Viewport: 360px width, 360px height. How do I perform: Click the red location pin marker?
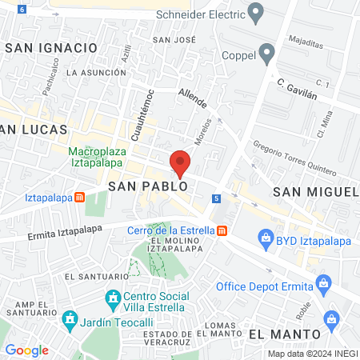pyautogui.click(x=179, y=163)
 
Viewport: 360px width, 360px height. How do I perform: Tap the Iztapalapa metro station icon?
pyautogui.click(x=79, y=198)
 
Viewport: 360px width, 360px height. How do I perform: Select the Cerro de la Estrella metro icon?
pyautogui.click(x=222, y=231)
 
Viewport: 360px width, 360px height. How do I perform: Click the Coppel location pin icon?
pyautogui.click(x=267, y=54)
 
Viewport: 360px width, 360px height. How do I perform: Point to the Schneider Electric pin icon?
pyautogui.click(x=256, y=12)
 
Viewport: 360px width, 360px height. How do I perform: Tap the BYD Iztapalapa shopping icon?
pyautogui.click(x=266, y=238)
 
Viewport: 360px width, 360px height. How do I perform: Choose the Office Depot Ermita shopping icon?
pyautogui.click(x=323, y=282)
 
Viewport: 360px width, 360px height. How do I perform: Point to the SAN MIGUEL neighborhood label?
pyautogui.click(x=315, y=192)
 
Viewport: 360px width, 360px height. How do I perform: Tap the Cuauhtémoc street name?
pyautogui.click(x=137, y=118)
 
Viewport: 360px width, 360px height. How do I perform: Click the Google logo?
pyautogui.click(x=26, y=350)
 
